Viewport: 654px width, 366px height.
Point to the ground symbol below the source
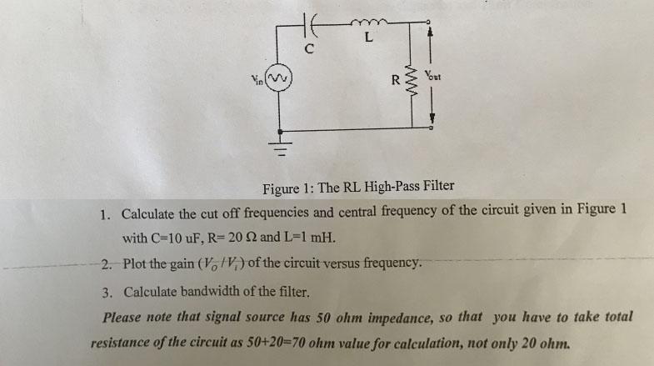[x=281, y=151]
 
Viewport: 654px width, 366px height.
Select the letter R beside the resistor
[x=396, y=82]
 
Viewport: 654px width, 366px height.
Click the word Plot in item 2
[x=137, y=264]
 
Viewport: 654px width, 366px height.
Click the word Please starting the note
[x=123, y=318]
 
